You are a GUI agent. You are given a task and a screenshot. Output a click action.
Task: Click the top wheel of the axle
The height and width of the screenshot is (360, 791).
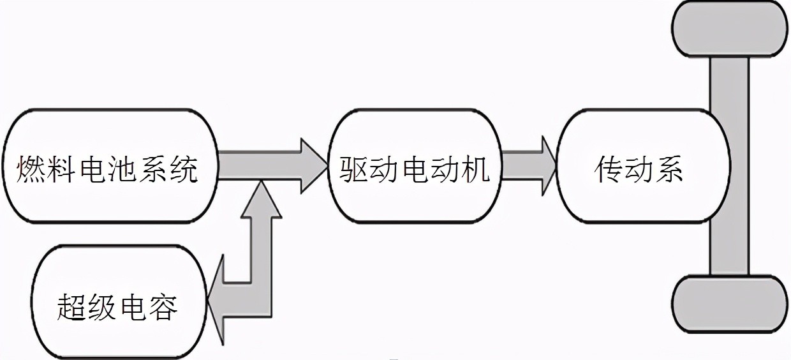coord(730,28)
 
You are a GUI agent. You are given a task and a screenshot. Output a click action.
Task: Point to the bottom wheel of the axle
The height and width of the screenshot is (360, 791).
coord(730,305)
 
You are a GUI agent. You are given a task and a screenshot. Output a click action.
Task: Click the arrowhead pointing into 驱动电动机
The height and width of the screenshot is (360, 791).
coord(313,165)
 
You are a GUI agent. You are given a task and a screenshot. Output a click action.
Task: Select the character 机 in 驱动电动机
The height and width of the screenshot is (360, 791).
coord(476,170)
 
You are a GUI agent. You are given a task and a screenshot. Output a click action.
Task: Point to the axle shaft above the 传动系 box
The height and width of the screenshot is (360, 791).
coord(730,83)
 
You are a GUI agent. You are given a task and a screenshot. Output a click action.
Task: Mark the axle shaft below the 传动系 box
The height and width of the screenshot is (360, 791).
coord(730,249)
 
